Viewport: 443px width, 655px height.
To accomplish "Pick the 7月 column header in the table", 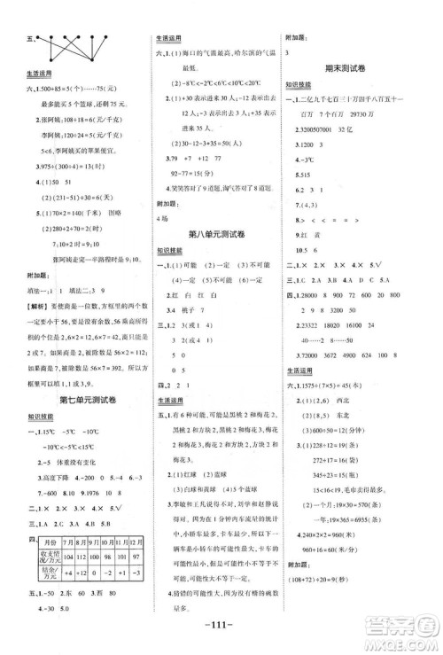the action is point(69,541).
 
